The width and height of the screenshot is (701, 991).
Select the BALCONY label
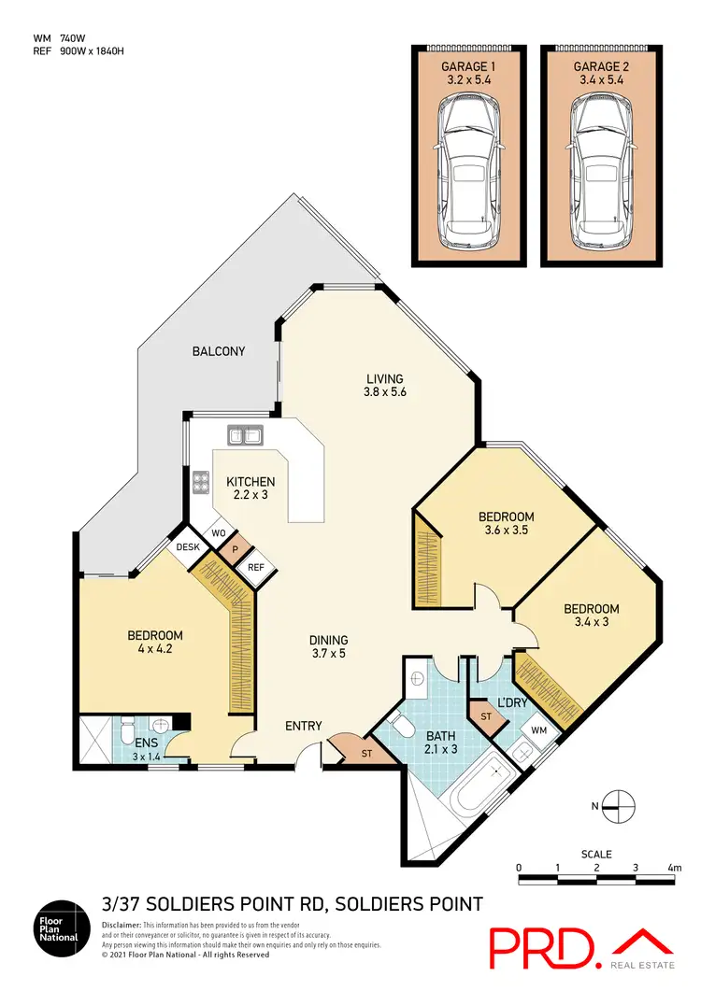click(218, 351)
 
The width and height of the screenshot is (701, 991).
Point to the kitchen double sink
click(247, 434)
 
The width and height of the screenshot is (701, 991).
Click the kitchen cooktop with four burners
click(200, 483)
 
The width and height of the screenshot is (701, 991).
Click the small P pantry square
click(236, 551)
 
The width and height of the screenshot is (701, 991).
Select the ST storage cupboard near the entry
click(353, 752)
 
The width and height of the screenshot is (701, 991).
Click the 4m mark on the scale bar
click(674, 868)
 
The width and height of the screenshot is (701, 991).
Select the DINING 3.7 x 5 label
click(328, 646)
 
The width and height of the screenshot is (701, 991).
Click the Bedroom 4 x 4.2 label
click(154, 642)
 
